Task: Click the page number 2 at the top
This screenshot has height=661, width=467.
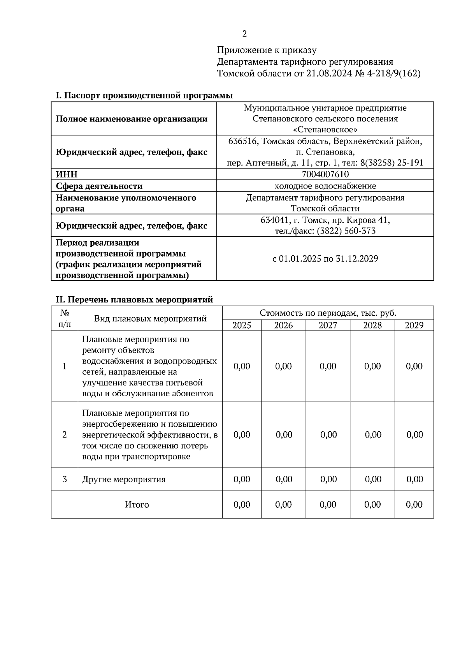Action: click(244, 34)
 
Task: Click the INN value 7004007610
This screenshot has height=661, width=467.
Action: click(325, 174)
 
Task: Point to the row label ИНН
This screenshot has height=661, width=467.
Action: click(67, 174)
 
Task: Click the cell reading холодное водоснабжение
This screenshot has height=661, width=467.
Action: click(325, 186)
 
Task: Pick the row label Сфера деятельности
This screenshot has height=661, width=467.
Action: click(99, 186)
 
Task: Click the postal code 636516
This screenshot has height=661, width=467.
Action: click(243, 141)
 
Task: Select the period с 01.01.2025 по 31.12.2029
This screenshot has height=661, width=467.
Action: click(325, 258)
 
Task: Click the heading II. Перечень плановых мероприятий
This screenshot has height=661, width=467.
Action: click(135, 300)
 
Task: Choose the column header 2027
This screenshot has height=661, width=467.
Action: click(328, 325)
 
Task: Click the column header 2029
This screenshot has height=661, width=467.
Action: click(414, 325)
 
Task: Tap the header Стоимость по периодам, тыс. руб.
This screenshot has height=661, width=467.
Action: click(328, 313)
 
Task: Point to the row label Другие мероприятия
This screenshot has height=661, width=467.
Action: click(124, 479)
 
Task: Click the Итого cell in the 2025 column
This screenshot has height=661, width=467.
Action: click(242, 505)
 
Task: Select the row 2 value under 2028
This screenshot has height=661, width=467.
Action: click(373, 434)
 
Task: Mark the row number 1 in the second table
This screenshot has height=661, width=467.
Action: click(65, 366)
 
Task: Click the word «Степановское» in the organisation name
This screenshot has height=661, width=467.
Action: click(325, 129)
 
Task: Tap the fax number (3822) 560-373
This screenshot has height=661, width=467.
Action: click(346, 231)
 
